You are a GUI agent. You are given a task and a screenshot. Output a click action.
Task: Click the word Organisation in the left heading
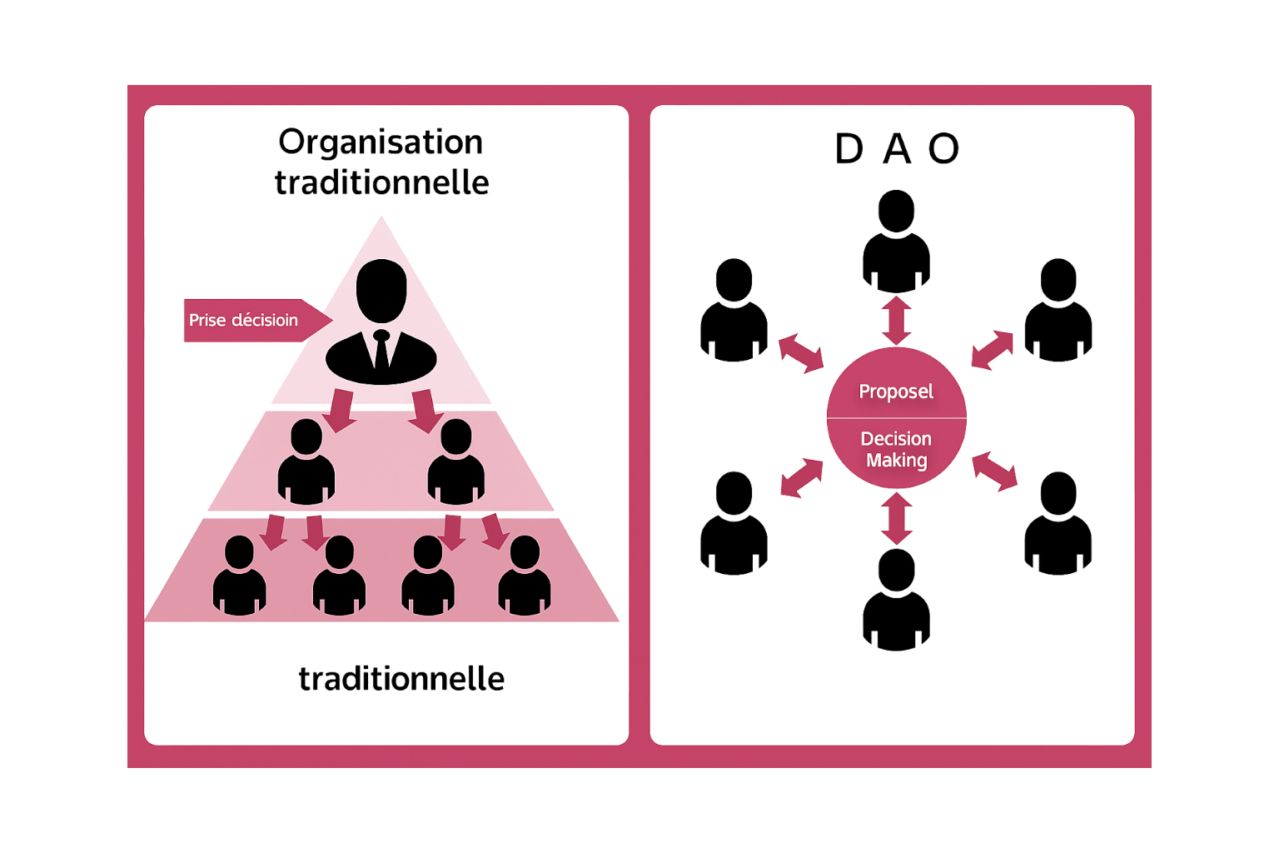pyautogui.click(x=381, y=142)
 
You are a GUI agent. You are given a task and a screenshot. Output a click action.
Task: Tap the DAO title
pyautogui.click(x=897, y=150)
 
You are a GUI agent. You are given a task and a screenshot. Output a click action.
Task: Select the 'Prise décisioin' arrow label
pyautogui.click(x=244, y=321)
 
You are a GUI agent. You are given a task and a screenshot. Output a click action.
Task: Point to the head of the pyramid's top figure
pyautogui.click(x=381, y=290)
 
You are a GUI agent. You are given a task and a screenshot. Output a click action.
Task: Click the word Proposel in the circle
pyautogui.click(x=896, y=392)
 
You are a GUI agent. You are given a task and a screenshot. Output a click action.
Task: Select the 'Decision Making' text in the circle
pyautogui.click(x=896, y=450)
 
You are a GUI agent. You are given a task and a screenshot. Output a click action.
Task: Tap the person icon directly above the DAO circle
pyautogui.click(x=896, y=242)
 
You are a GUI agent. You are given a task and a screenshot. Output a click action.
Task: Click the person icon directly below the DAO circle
pyautogui.click(x=896, y=601)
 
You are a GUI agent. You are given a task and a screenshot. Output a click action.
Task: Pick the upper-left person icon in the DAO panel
pyautogui.click(x=734, y=312)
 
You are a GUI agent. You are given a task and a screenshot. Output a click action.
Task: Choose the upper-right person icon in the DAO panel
pyautogui.click(x=1058, y=312)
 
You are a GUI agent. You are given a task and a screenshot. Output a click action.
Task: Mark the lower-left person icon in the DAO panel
pyautogui.click(x=734, y=525)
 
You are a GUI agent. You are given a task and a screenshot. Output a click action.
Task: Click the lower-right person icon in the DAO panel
pyautogui.click(x=1058, y=525)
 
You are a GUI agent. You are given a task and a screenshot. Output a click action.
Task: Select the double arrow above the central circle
pyautogui.click(x=896, y=320)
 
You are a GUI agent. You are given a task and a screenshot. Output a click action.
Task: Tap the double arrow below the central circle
pyautogui.click(x=896, y=518)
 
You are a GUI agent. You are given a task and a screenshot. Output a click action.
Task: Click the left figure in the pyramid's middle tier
pyautogui.click(x=306, y=463)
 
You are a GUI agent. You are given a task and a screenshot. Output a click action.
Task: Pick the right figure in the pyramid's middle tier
pyautogui.click(x=455, y=463)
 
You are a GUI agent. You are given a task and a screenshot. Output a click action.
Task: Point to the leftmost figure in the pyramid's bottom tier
pyautogui.click(x=239, y=576)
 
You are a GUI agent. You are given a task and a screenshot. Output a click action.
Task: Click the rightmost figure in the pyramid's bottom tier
pyautogui.click(x=524, y=576)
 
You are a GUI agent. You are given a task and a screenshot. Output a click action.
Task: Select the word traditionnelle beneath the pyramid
pyautogui.click(x=401, y=680)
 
